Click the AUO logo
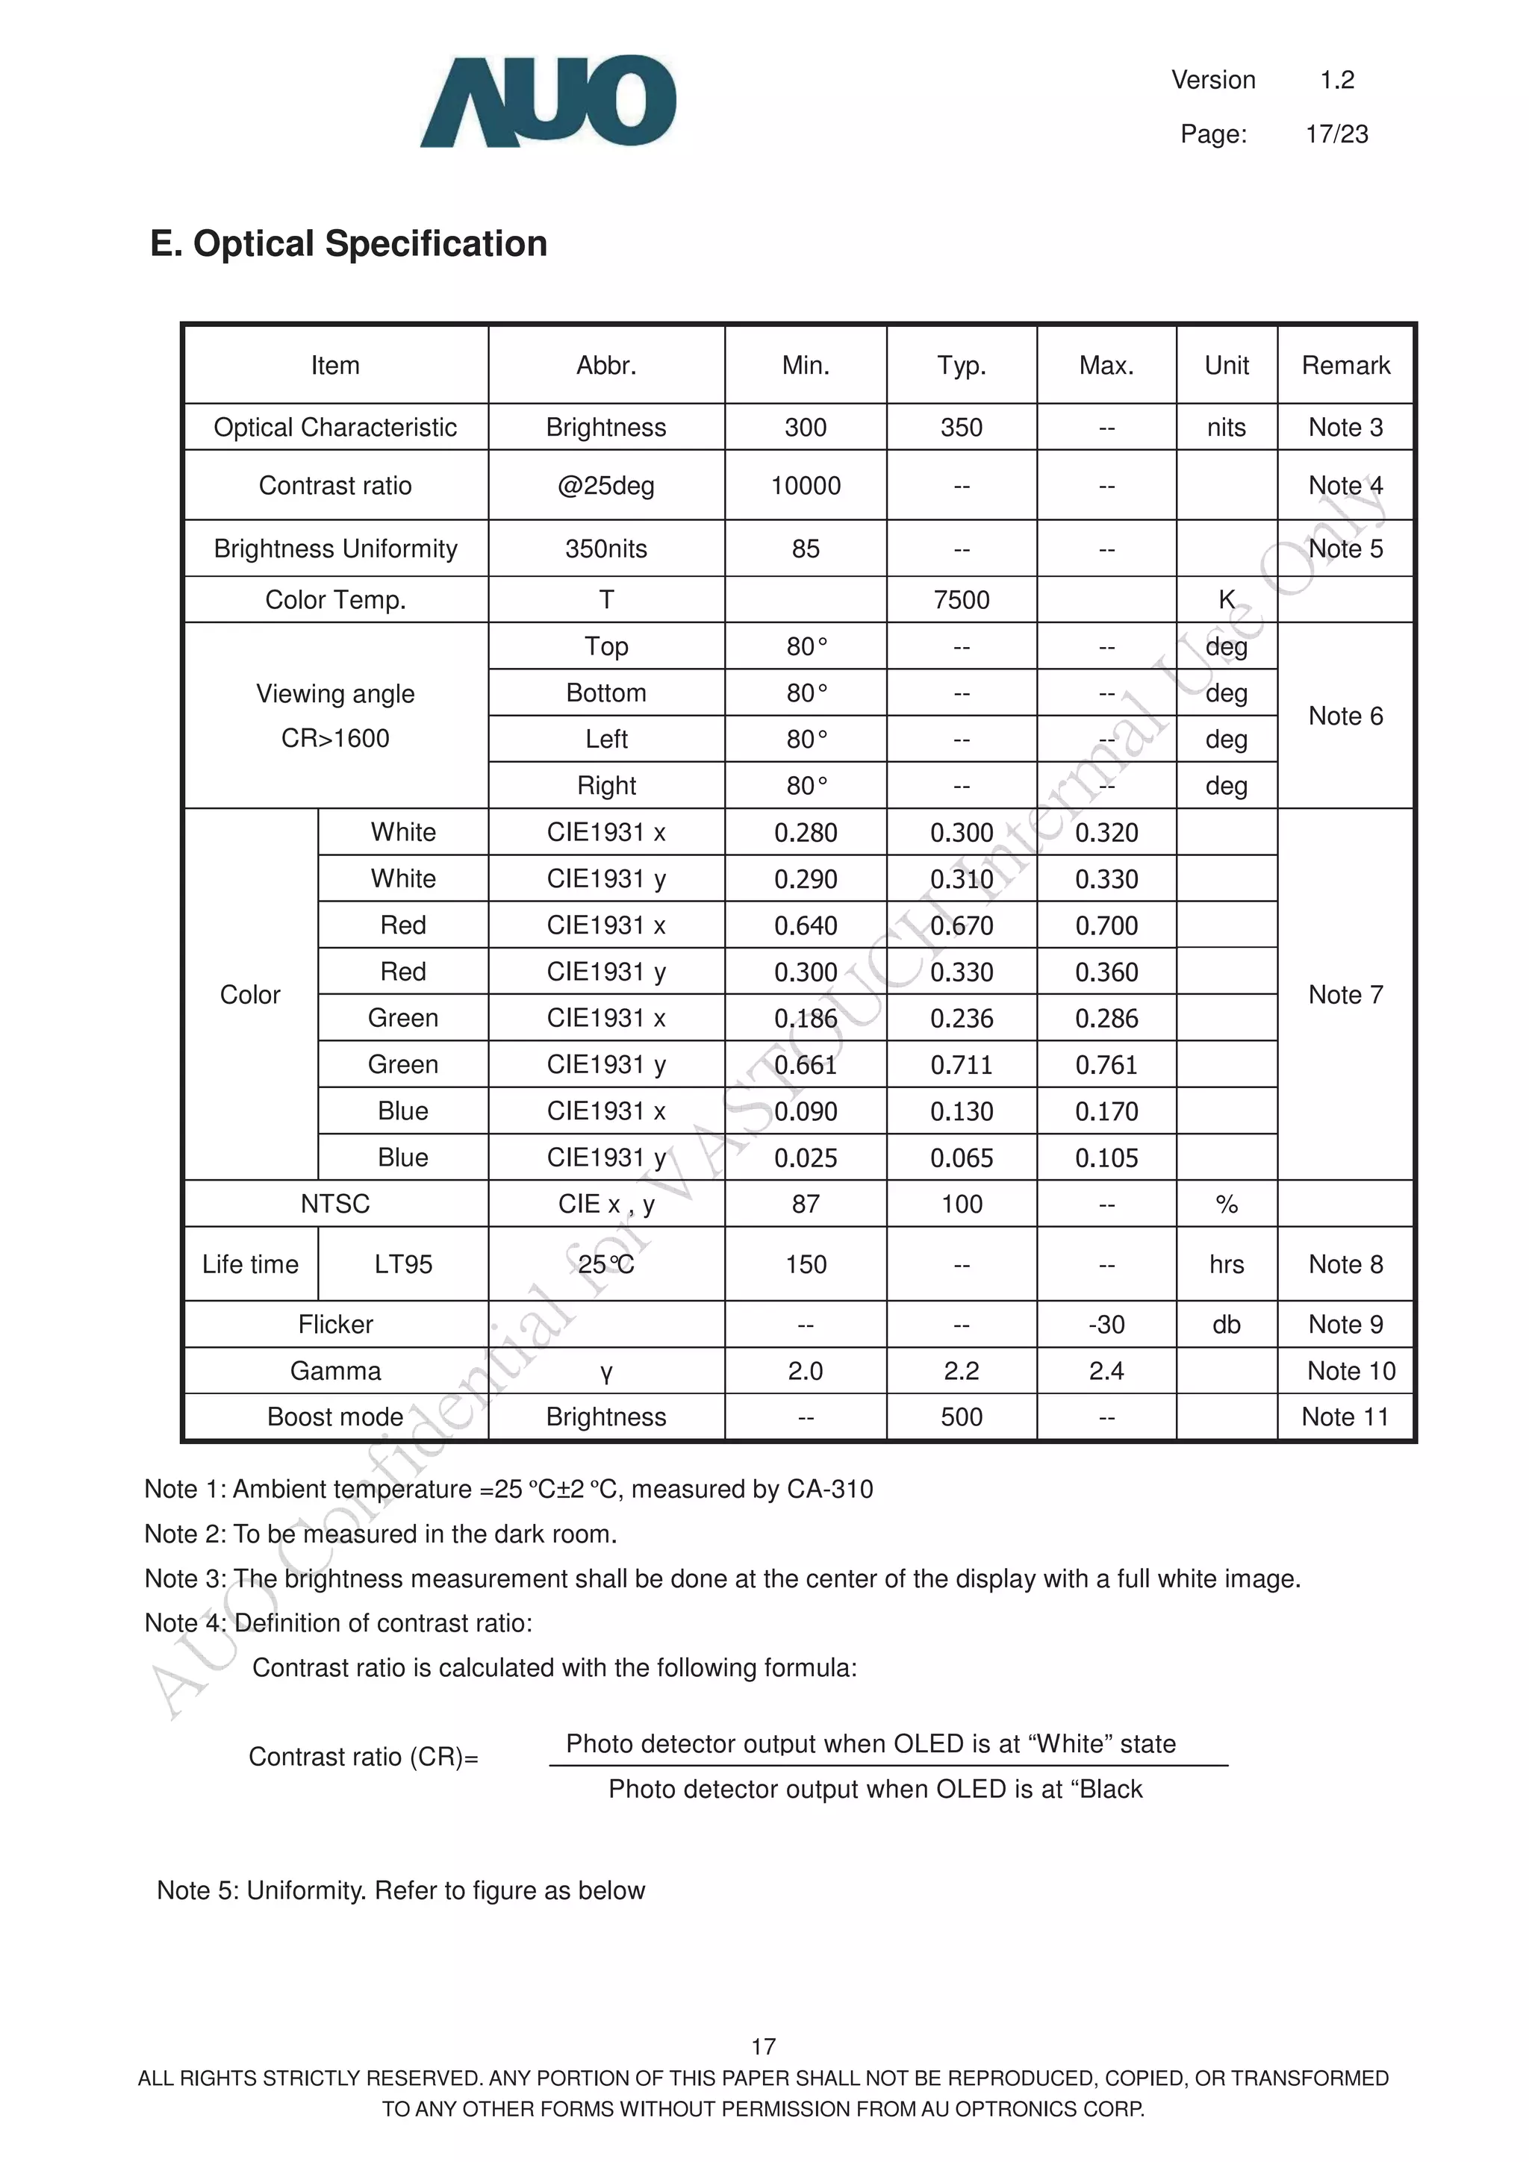point(547,101)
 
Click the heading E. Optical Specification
point(349,244)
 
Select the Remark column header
point(1345,366)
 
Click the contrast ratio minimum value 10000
point(806,486)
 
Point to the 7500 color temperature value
point(961,600)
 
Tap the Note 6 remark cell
point(1345,716)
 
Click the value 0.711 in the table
point(961,1065)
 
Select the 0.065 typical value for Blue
point(961,1157)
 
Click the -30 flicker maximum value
point(1106,1324)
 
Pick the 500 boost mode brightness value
point(961,1416)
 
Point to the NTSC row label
point(334,1204)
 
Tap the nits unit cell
point(1226,428)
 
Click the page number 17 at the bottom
point(763,2046)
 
